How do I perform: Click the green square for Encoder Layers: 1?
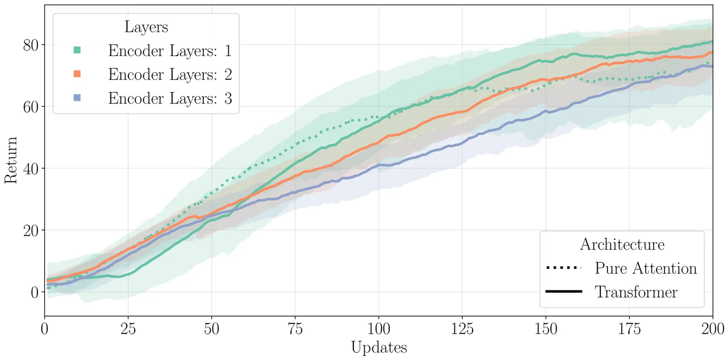click(x=77, y=50)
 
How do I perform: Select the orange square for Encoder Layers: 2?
click(x=77, y=74)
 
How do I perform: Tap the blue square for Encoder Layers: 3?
click(x=77, y=98)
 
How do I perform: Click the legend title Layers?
click(x=146, y=27)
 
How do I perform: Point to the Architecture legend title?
click(x=622, y=244)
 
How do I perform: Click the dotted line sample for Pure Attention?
click(x=564, y=268)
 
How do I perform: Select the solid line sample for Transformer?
click(x=564, y=291)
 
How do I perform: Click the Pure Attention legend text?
click(x=646, y=268)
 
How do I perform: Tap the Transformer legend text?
click(x=636, y=292)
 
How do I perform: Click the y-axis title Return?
click(x=11, y=160)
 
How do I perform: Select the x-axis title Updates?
click(x=379, y=347)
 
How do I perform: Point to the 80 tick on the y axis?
click(x=30, y=45)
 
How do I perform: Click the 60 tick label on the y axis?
click(x=30, y=107)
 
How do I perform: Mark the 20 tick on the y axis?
click(x=30, y=230)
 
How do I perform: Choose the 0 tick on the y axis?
click(x=35, y=292)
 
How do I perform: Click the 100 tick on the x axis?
click(x=379, y=329)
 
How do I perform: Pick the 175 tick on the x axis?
click(x=629, y=329)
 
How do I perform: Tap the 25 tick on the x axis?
click(x=128, y=329)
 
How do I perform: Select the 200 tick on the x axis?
click(x=713, y=329)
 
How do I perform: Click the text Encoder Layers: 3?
click(x=170, y=98)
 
